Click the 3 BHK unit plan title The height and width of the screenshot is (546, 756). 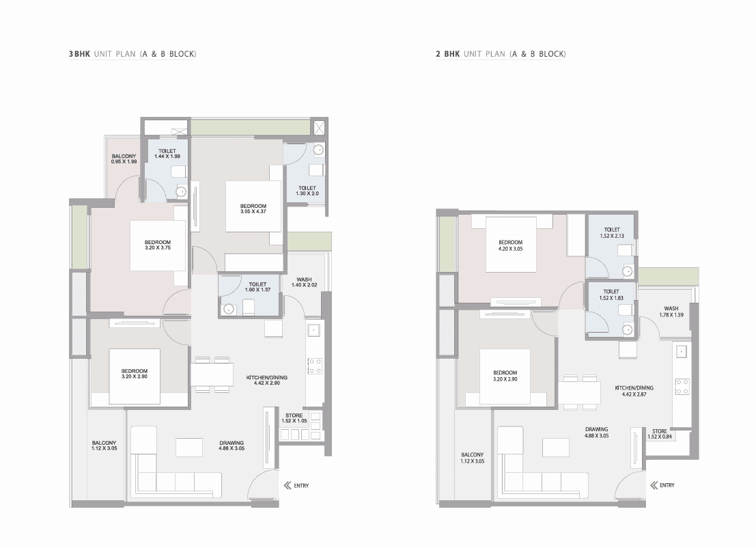[x=132, y=54]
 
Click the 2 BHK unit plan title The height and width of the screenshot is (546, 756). [x=501, y=54]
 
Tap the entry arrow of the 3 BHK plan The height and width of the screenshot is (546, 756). [x=288, y=485]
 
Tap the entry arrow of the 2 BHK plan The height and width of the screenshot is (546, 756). [x=654, y=485]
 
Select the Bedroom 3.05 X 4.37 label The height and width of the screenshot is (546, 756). [x=253, y=209]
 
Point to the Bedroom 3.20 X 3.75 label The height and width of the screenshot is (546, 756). [x=158, y=245]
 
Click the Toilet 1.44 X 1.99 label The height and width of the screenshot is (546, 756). [x=167, y=154]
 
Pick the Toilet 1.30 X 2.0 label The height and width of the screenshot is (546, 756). [x=307, y=191]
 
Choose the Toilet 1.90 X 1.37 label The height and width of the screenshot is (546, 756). [x=257, y=287]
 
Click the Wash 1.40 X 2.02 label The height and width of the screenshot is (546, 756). [x=304, y=282]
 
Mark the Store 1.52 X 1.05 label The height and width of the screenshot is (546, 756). [x=294, y=418]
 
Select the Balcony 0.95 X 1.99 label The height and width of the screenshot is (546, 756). [x=124, y=159]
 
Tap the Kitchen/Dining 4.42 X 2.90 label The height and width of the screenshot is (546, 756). [x=266, y=380]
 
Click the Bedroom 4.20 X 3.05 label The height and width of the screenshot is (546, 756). [x=511, y=245]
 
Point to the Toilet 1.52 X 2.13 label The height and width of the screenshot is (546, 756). [x=613, y=233]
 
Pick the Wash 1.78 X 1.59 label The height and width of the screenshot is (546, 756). [x=671, y=312]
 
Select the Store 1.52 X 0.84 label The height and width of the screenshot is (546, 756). [x=660, y=434]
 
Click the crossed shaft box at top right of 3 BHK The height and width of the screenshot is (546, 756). [x=319, y=128]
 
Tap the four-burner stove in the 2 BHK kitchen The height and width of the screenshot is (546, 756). [x=682, y=386]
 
